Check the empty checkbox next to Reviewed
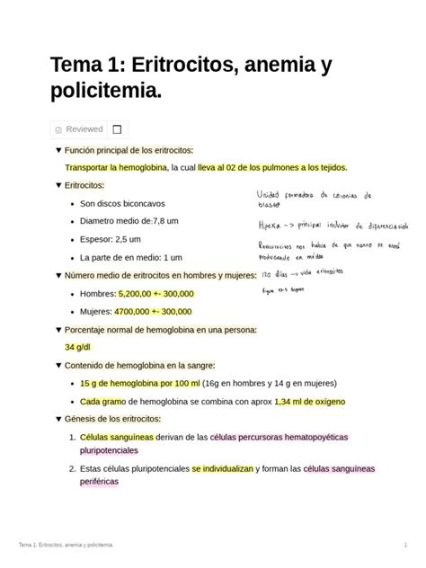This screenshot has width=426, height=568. coord(117,129)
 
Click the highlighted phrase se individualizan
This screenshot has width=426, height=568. coord(223,469)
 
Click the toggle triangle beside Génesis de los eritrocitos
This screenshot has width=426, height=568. coord(58,419)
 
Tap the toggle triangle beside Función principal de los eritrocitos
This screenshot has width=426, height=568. coord(58,150)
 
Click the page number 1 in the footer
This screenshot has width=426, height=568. coord(405,546)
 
